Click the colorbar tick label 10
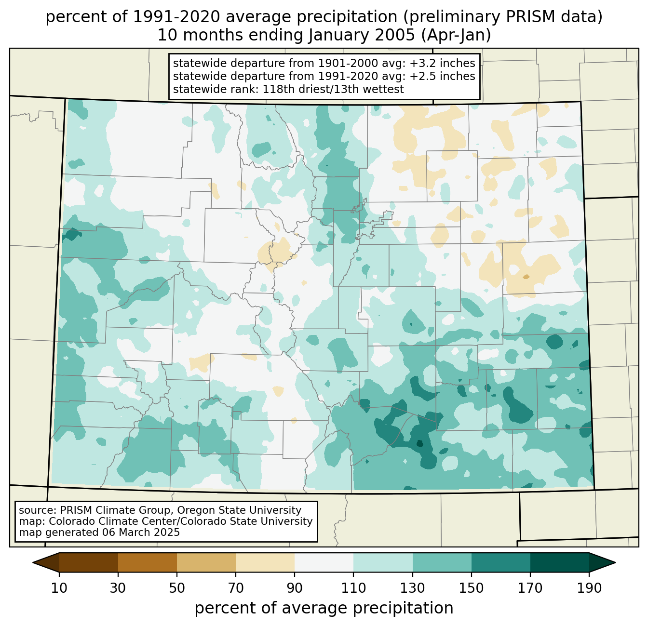(x=59, y=588)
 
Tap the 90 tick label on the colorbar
(x=295, y=588)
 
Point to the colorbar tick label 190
(x=589, y=588)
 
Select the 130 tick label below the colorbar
(x=413, y=588)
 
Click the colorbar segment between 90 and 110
(x=324, y=562)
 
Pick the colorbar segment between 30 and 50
(x=148, y=562)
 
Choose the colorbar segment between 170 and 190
(x=559, y=562)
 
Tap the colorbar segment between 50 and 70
(x=206, y=562)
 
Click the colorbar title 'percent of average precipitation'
(x=324, y=608)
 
